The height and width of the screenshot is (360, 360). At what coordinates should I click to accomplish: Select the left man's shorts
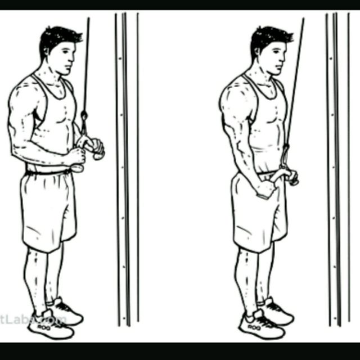(47, 208)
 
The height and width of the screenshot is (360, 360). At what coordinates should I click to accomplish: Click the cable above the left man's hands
(86, 67)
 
